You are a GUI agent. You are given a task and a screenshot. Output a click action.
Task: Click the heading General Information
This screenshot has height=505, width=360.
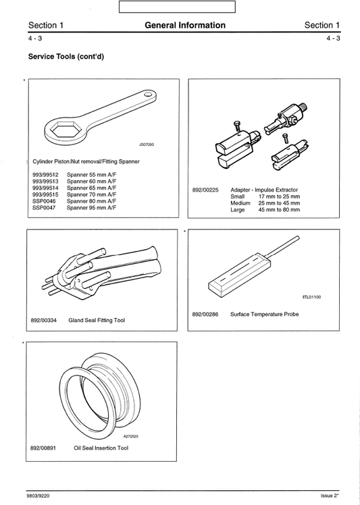pos(184,26)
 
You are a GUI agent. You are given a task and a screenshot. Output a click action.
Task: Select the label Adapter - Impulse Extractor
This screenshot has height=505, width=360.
pos(264,190)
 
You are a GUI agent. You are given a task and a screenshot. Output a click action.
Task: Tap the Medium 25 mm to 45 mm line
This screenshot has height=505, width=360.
pos(265,203)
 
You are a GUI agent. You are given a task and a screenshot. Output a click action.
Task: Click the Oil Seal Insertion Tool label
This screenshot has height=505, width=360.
pos(97,447)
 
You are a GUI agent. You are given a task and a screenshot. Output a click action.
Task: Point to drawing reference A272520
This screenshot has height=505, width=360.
pos(131,436)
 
